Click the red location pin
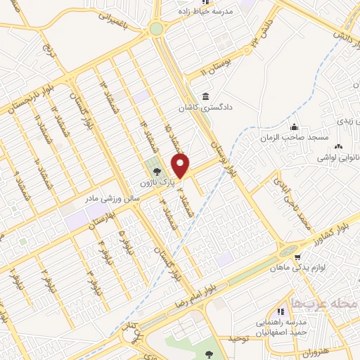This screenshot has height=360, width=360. point(181,166)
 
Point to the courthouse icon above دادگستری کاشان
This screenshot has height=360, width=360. point(205,96)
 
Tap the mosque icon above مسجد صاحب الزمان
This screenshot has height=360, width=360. point(295,127)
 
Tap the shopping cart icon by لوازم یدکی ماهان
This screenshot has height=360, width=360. point(300,257)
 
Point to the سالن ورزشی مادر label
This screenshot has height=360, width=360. point(113,200)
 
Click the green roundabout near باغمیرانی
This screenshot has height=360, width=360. point(155,29)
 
